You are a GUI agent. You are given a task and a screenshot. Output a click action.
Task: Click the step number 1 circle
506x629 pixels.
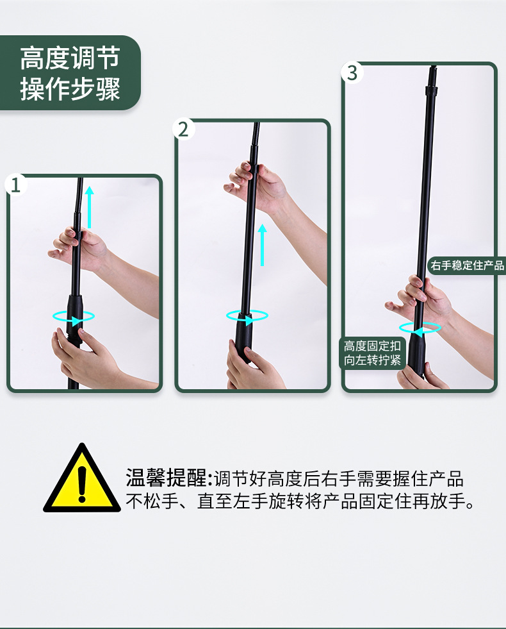pos(16,185)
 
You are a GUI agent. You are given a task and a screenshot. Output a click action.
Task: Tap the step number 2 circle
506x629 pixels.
pos(183,129)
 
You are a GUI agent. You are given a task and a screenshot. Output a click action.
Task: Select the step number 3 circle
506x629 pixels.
pos(352,72)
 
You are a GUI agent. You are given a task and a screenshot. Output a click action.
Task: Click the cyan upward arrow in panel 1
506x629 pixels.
pos(89,207)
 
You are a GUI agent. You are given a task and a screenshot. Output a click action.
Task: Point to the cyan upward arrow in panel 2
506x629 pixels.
pos(262,245)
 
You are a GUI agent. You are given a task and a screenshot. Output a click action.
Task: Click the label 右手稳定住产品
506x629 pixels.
pos(467,265)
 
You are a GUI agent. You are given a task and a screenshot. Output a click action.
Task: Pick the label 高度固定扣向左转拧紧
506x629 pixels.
pos(372,353)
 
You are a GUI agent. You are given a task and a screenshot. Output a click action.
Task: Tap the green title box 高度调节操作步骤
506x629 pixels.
pos(70,72)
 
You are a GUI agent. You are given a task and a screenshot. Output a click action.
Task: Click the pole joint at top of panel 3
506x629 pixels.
pos(430,88)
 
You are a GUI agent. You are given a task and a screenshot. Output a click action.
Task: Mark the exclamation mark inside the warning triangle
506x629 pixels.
pos(82,483)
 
